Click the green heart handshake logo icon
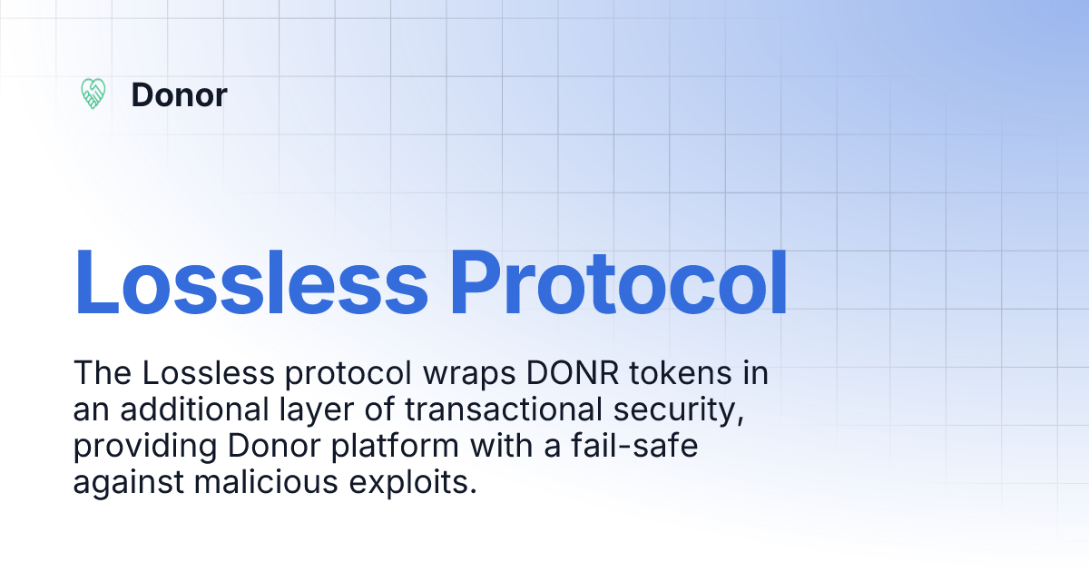coord(93,94)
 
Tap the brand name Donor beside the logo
coord(179,94)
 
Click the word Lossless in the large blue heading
coord(250,281)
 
